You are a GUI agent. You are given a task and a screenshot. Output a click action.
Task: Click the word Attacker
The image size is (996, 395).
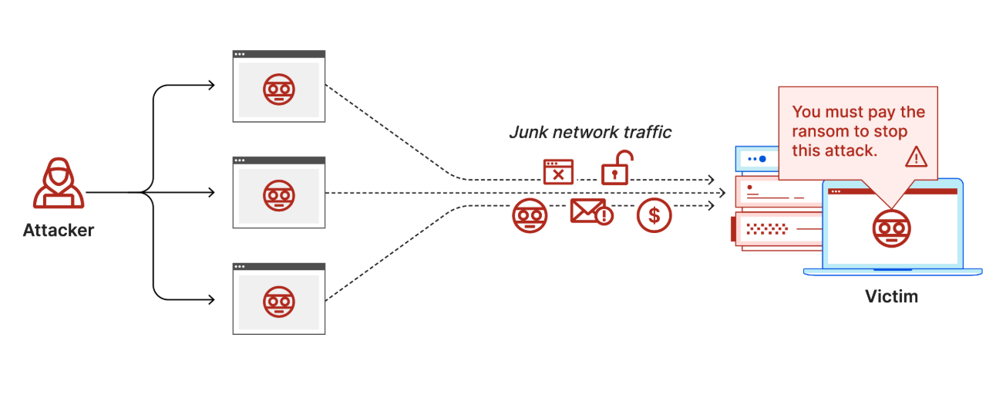pyautogui.click(x=59, y=230)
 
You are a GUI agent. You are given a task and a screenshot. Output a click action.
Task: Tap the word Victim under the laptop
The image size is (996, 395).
pyautogui.click(x=891, y=296)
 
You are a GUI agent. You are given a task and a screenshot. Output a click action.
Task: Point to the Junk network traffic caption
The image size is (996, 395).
pyautogui.click(x=590, y=132)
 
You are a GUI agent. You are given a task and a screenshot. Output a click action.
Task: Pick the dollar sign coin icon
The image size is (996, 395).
pyautogui.click(x=654, y=216)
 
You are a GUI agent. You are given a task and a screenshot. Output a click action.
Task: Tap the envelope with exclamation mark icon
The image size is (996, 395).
pyautogui.click(x=591, y=211)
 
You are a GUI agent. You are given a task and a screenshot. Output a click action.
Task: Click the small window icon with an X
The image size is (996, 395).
pyautogui.click(x=558, y=171)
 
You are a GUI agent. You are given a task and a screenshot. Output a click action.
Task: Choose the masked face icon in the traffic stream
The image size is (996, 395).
pyautogui.click(x=530, y=216)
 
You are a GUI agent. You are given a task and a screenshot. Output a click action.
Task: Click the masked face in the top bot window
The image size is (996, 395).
pyautogui.click(x=278, y=89)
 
